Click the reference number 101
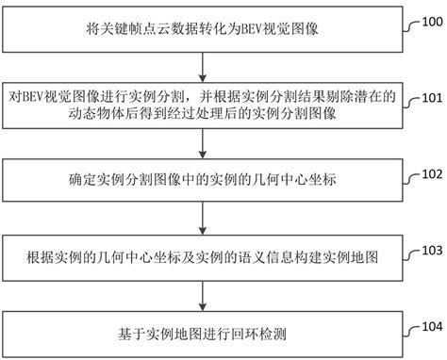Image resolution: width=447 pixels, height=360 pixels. [x=429, y=96]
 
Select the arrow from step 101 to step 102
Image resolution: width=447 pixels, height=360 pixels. [x=203, y=144]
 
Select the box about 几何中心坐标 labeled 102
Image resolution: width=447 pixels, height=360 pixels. [x=203, y=179]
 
